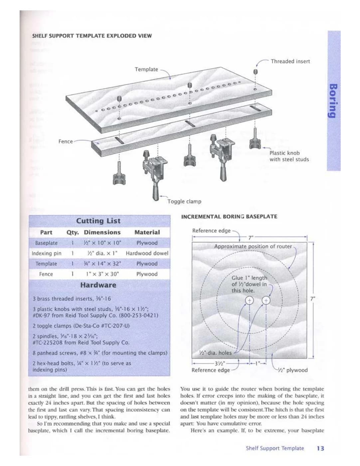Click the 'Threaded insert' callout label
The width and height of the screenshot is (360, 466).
click(290, 62)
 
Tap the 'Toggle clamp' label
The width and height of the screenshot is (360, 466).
click(184, 202)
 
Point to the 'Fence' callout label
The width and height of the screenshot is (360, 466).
click(66, 141)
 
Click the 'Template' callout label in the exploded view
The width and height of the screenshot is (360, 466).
click(146, 70)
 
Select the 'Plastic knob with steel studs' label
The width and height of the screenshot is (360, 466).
click(289, 156)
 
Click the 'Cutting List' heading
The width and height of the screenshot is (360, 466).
click(98, 221)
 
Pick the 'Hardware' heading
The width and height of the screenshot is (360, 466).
click(98, 285)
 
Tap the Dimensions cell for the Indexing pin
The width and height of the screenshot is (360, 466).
click(102, 253)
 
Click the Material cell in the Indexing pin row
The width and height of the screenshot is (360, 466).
click(147, 253)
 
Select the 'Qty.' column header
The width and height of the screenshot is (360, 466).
click(73, 232)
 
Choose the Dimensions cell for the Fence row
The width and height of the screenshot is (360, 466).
click(102, 274)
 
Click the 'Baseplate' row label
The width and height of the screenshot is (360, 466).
click(46, 243)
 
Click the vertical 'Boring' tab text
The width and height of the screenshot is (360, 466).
click(333, 101)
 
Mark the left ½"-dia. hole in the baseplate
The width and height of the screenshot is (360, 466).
click(250, 301)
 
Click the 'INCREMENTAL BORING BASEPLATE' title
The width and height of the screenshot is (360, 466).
click(229, 217)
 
